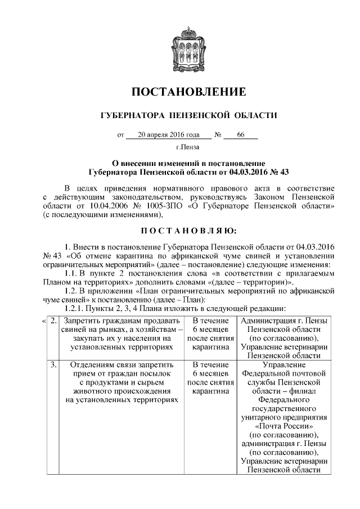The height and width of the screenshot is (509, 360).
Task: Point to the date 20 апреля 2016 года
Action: point(168,135)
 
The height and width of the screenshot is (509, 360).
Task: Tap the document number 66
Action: point(241,135)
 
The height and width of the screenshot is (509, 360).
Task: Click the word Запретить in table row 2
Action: point(82,321)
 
